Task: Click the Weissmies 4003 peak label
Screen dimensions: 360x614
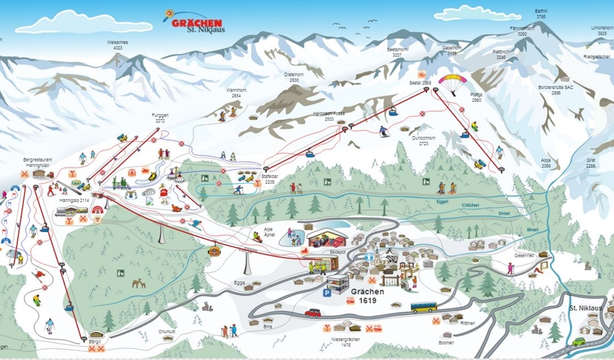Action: coord(117,45)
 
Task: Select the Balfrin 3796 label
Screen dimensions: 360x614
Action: coord(541,13)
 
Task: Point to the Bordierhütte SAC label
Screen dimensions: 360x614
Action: coord(556,90)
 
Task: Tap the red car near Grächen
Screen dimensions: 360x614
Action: coord(313,312)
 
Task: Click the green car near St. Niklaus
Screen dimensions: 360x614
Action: coord(580,341)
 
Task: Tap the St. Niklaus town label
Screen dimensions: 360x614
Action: coord(584,308)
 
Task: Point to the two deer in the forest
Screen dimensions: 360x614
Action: coord(138,284)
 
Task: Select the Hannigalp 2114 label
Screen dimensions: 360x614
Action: coord(74,201)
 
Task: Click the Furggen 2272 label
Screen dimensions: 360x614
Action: coord(160,118)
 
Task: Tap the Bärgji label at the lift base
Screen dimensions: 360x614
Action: coord(95,339)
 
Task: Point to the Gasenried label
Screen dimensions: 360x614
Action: coord(524,255)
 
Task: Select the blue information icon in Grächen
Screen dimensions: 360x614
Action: coord(368,256)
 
